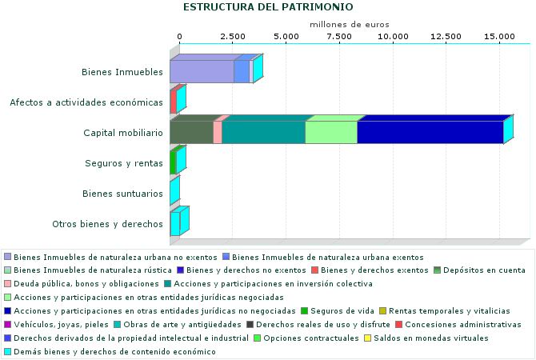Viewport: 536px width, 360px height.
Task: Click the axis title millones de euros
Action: [x=350, y=25]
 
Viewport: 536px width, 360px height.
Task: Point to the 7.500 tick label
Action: [x=339, y=37]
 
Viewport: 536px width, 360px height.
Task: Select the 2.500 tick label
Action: [x=232, y=37]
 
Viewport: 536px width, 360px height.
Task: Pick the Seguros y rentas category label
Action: [x=124, y=163]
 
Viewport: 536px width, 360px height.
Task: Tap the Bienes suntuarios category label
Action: [x=123, y=194]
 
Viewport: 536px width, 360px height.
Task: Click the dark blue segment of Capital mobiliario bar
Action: [x=430, y=133]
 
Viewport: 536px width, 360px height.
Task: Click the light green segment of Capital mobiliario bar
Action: [x=331, y=133]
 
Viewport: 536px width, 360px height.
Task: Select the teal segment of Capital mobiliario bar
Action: [x=263, y=133]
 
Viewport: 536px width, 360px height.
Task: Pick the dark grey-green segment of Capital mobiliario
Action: [x=191, y=133]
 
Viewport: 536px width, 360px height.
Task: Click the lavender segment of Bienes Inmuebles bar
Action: [x=202, y=72]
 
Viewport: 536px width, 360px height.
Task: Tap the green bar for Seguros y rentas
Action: [x=173, y=163]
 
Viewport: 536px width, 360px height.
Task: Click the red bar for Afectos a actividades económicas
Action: [x=173, y=102]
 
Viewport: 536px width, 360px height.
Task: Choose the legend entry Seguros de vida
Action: [x=338, y=310]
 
